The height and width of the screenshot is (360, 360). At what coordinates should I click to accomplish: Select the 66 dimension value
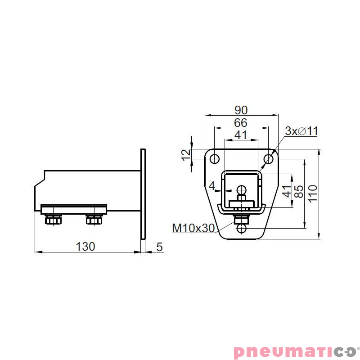(241, 122)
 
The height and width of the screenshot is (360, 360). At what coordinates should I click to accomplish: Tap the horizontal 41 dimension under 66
(241, 135)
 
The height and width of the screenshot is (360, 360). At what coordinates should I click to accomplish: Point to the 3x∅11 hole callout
(301, 131)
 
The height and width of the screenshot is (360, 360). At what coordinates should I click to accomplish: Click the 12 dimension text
(186, 154)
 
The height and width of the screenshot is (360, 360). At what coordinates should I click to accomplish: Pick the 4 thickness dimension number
(212, 185)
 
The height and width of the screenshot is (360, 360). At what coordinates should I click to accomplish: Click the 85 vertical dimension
(298, 191)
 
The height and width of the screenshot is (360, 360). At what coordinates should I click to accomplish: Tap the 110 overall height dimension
(313, 193)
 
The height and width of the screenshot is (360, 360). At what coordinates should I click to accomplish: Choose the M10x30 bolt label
(193, 228)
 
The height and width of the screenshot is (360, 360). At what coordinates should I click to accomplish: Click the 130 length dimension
(85, 246)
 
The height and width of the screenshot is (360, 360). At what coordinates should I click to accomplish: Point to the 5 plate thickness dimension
(159, 246)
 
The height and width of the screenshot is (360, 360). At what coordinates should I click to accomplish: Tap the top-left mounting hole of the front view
(215, 159)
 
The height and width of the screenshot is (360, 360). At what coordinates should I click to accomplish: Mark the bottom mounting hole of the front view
(242, 229)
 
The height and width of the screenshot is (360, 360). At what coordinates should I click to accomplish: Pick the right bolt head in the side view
(94, 220)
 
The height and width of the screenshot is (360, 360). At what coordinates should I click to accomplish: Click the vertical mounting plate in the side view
(143, 193)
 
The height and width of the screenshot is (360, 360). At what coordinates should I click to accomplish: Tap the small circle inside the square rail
(242, 189)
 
